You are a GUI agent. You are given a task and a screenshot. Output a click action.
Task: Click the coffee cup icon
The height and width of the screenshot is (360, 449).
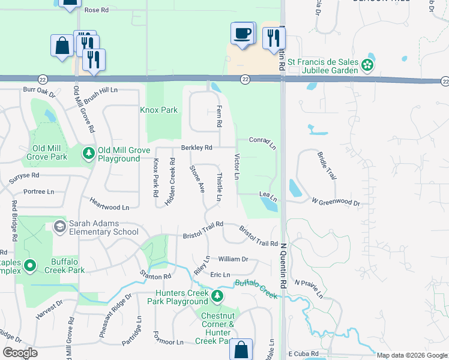pos(242,33)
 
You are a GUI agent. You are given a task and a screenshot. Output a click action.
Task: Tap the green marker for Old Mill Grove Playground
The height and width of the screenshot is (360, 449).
pos(89,154)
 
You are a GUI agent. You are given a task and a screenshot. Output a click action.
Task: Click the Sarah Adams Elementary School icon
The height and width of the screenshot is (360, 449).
pos(60,227)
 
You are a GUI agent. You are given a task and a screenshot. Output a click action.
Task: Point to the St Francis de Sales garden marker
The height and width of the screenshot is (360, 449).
pos(367,65)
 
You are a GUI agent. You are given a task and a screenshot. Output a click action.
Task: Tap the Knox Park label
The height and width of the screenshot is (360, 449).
pos(158,110)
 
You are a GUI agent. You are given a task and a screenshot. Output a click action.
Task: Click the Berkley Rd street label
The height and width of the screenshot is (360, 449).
pos(197,148)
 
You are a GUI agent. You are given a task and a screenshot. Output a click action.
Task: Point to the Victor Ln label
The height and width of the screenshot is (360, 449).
pos(237,167)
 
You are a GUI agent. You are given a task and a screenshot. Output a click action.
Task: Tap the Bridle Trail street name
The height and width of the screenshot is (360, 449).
pos(326,165)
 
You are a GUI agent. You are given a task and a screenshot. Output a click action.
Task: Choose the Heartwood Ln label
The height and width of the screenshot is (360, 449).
pos(109,203)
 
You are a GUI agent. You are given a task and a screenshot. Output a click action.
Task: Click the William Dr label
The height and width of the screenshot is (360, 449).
pos(233,259)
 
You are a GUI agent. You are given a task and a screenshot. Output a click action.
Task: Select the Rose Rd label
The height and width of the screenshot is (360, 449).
pos(96,10)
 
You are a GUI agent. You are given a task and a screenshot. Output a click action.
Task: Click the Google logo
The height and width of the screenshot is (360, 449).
pos(20,353)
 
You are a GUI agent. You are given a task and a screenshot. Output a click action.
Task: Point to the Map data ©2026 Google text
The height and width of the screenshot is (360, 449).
pos(412,355)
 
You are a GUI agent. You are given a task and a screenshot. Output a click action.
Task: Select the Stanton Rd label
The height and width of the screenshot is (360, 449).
pos(156,275)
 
